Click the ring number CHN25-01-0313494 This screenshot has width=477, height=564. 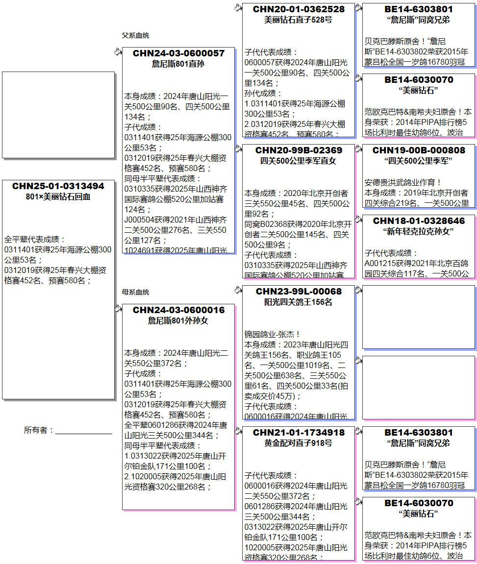pos(58,186)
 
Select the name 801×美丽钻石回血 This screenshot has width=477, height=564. pos(58,196)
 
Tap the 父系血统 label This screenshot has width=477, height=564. pos(135,35)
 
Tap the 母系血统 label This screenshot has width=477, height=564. pos(135,292)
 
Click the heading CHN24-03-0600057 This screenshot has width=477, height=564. pos(178,53)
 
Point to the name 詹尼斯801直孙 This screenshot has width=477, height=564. pos(178,64)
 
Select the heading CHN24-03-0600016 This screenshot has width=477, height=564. pos(178,310)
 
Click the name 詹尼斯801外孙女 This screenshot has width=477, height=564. pos(178,320)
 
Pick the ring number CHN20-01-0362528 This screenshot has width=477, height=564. pos(299,9)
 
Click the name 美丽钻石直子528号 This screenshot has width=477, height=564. pos(299,20)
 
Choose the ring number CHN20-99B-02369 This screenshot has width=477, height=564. pos(299,150)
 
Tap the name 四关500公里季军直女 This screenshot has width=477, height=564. pos(299,161)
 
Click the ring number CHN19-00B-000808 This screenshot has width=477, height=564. pos(419,150)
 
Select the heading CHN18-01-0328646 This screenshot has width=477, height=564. pos(419,221)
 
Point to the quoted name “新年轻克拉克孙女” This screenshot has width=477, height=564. pos(419,231)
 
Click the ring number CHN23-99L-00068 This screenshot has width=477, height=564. pos(299,292)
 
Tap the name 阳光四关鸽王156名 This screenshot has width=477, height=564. pos(299,302)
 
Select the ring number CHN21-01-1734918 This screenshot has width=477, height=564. pos(299,433)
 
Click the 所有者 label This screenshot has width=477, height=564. pos(38,430)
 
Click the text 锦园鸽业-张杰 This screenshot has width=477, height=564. pos(273,334)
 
